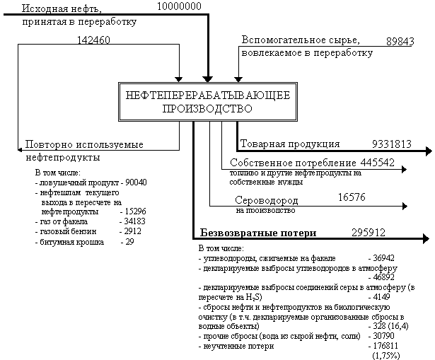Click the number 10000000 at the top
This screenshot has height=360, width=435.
coord(179,6)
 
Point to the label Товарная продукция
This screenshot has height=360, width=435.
coord(290,144)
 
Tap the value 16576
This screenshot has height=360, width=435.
coord(351,197)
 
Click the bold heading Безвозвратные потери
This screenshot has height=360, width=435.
coord(257,232)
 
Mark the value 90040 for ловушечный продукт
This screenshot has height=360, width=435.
coord(134,182)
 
